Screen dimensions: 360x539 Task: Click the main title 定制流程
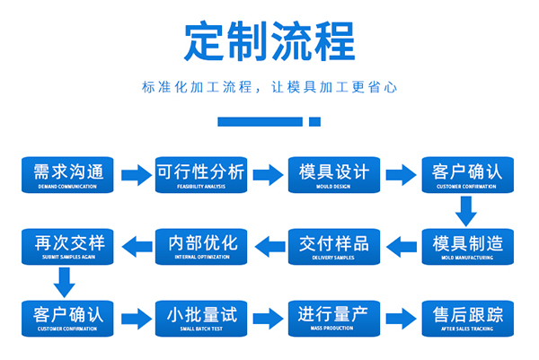coord(269,40)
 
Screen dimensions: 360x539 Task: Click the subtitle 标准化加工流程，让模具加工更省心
coord(269,88)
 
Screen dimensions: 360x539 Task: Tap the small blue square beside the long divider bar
coord(314,121)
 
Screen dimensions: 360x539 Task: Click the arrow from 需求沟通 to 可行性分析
coord(136,174)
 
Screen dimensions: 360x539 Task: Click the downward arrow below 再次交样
coord(63,283)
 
